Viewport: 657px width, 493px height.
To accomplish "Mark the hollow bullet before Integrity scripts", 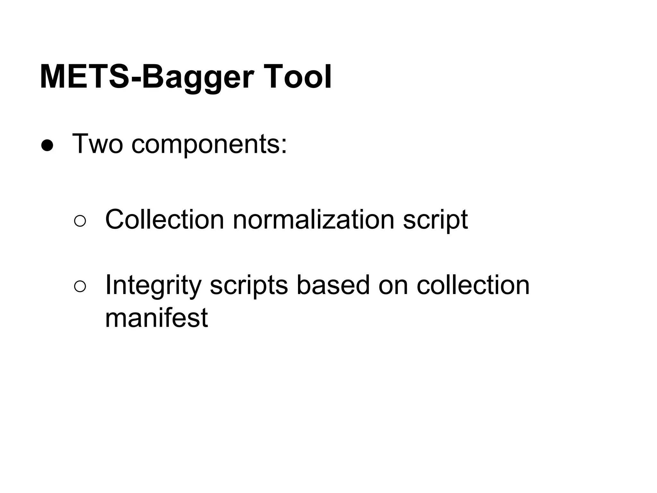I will [x=80, y=287].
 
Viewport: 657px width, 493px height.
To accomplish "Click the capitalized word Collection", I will [x=164, y=220].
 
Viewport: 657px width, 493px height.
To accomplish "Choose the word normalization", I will [x=313, y=220].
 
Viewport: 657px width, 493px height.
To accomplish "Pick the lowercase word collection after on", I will [x=473, y=285].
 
